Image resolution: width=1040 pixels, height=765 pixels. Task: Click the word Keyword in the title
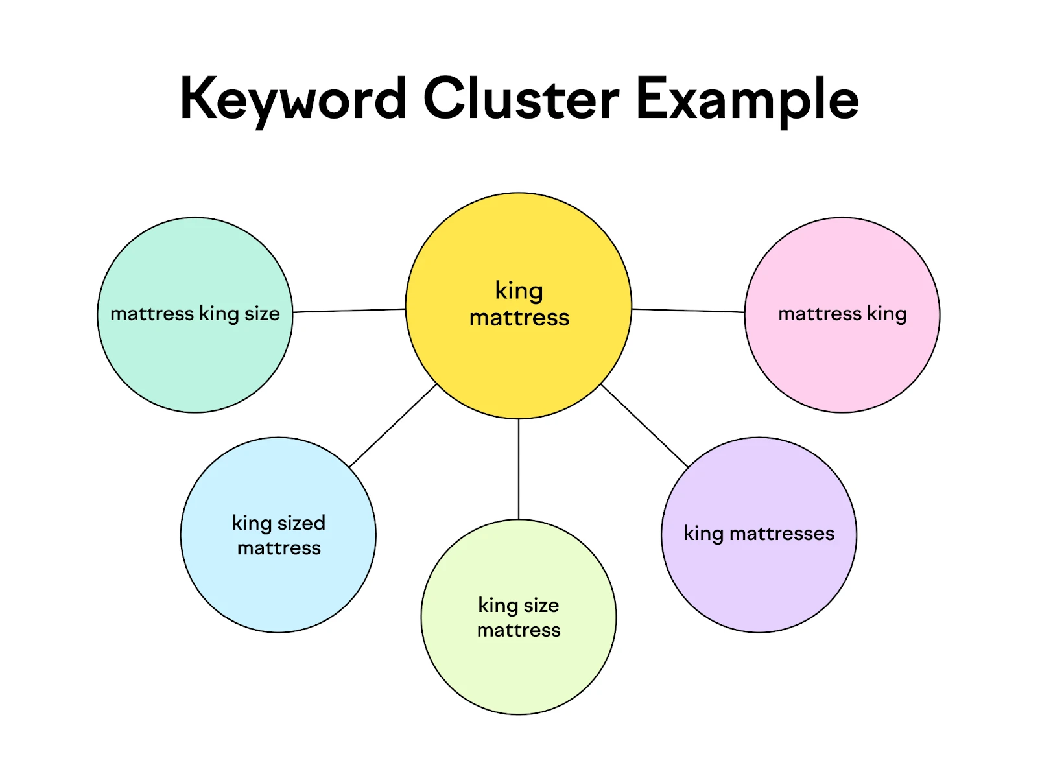coord(293,99)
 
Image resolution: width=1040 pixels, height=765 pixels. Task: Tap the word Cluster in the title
coord(521,99)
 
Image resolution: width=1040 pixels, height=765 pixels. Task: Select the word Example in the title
coord(747,99)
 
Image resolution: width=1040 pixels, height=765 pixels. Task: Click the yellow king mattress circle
coord(519,363)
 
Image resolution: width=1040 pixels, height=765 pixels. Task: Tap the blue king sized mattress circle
coord(278,590)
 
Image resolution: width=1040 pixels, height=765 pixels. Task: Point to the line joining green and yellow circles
coord(349,311)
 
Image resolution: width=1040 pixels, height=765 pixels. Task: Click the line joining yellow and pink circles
coord(687,311)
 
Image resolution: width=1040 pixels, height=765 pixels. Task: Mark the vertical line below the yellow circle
coord(519,469)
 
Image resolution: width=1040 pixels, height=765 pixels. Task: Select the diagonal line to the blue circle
coord(393,425)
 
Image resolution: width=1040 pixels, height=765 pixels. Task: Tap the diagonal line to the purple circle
coord(644,425)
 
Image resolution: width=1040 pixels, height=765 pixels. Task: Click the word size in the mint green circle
coord(263,314)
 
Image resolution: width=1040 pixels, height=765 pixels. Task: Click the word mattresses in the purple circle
coord(782,534)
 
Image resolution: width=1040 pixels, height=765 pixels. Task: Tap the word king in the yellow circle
coord(519,290)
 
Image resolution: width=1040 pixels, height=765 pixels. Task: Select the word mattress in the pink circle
coord(820,314)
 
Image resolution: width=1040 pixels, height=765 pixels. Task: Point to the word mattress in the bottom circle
coord(519,630)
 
